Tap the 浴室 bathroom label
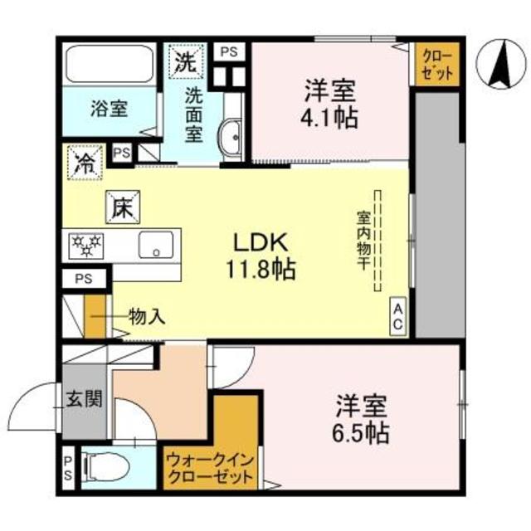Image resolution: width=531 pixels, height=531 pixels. click(109, 107)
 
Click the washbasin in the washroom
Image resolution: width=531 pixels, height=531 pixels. click(230, 135)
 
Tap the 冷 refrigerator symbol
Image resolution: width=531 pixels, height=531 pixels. click(85, 158)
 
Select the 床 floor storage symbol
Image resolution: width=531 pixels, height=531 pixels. click(120, 206)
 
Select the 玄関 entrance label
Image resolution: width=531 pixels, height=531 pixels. click(85, 400)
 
